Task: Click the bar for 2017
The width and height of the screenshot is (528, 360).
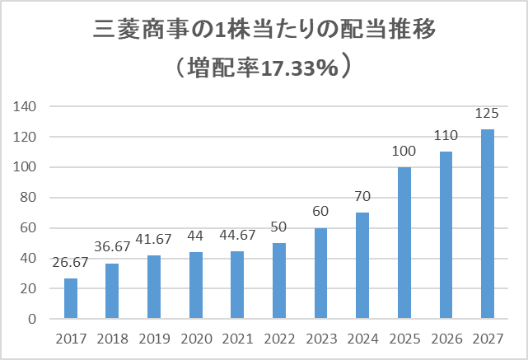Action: [x=71, y=298]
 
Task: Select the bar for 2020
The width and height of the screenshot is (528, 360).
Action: [x=196, y=285]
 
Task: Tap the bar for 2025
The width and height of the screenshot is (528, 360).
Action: [x=404, y=243]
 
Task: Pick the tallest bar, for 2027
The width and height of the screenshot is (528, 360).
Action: [x=488, y=224]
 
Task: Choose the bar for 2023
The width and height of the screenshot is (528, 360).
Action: [x=321, y=274]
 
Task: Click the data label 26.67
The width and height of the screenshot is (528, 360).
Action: [x=70, y=262]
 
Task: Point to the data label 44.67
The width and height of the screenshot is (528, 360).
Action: [x=237, y=235]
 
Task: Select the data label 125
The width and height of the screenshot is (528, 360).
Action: [x=487, y=114]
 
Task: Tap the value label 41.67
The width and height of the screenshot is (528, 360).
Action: [x=153, y=239]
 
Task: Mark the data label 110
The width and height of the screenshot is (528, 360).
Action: [x=446, y=136]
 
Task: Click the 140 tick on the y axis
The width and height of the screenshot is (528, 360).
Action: [x=24, y=107]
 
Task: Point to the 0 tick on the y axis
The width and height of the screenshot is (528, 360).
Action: [x=32, y=319]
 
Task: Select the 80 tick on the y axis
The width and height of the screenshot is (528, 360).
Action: [x=28, y=198]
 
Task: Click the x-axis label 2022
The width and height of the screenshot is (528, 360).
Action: [x=279, y=339]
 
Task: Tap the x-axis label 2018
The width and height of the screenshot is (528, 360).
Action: [x=113, y=339]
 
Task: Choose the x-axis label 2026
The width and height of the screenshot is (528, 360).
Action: [x=446, y=339]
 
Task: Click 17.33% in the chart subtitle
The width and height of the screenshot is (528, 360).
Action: [x=299, y=68]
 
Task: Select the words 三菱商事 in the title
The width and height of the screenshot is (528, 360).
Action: [x=140, y=30]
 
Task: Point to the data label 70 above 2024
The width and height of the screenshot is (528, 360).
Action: [x=362, y=196]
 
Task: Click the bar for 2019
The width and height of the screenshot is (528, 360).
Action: [x=154, y=287]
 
